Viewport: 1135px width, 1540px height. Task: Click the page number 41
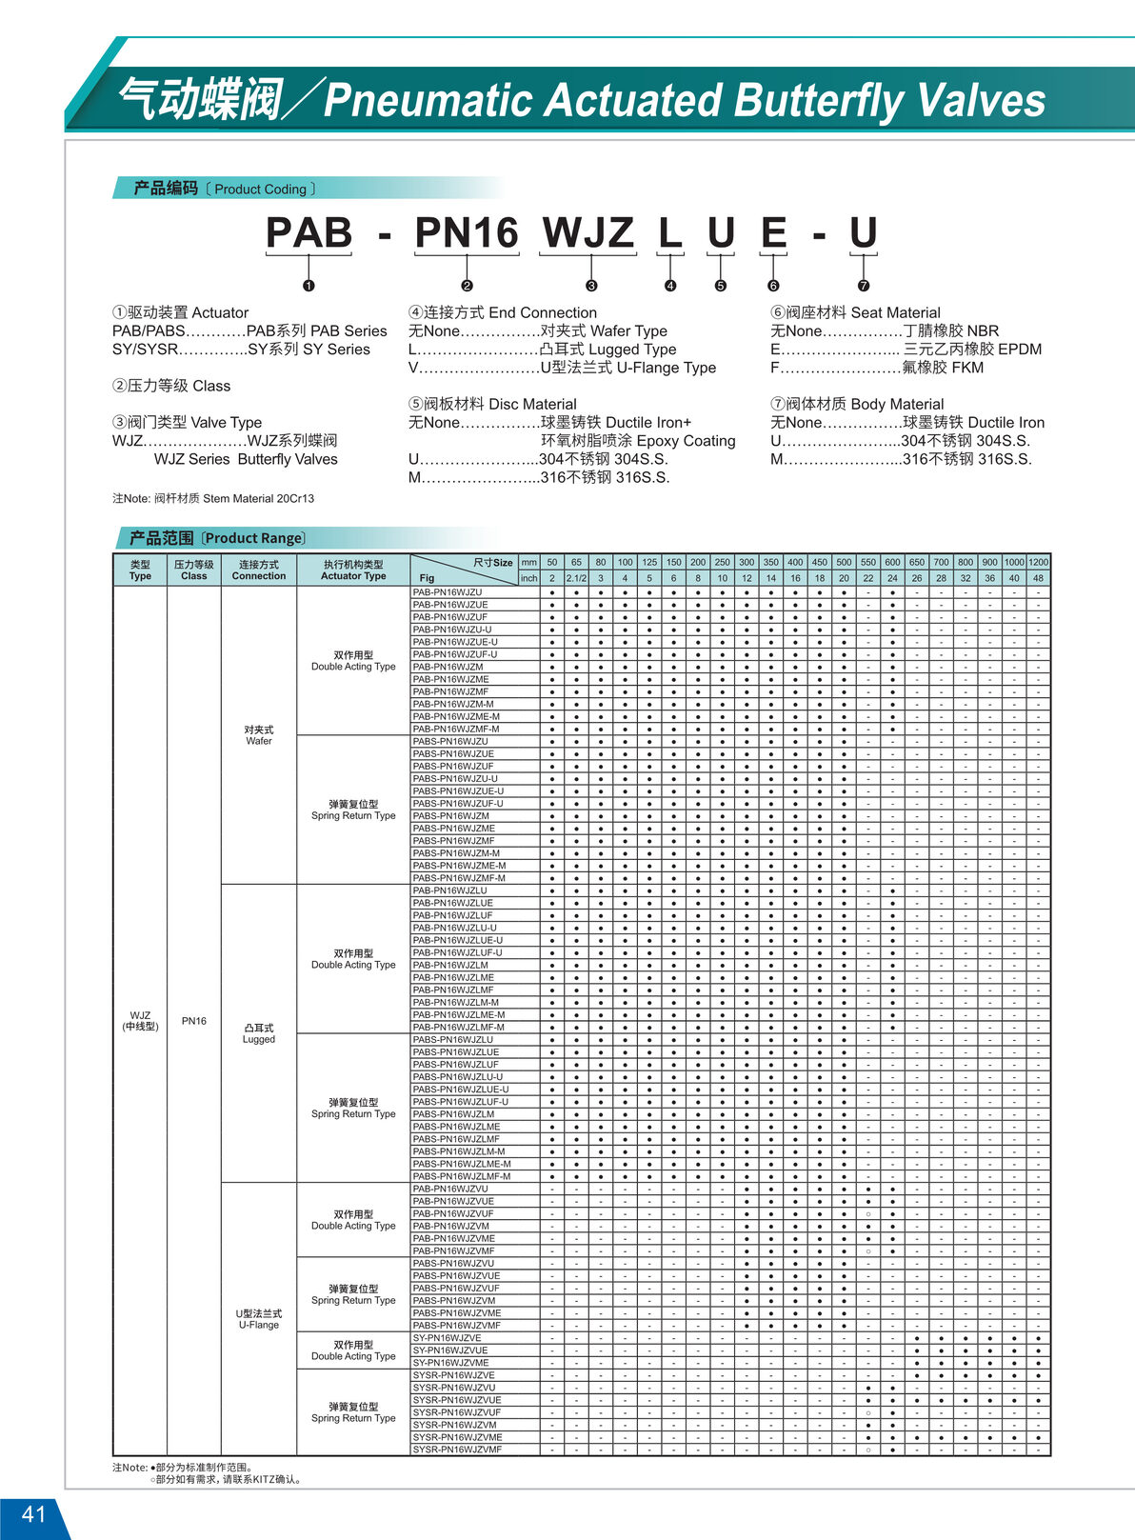point(33,1514)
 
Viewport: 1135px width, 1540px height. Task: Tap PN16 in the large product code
point(466,233)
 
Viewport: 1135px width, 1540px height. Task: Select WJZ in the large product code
point(587,233)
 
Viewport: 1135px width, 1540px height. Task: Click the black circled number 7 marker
point(864,286)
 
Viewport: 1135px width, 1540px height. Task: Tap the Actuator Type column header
point(353,570)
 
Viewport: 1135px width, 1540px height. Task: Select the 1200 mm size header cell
point(1038,562)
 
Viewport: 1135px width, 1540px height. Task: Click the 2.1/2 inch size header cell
point(576,578)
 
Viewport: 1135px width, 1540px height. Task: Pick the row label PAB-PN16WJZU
point(448,592)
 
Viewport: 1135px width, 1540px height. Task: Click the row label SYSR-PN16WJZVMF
point(457,1450)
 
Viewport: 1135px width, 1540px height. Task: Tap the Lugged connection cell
point(259,1033)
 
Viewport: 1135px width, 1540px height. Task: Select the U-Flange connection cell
point(259,1319)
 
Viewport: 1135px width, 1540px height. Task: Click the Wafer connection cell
point(259,735)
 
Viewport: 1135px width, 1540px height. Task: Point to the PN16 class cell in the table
point(194,1021)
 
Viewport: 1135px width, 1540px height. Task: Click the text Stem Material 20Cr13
point(258,498)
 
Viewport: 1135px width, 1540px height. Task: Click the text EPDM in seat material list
point(1015,350)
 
